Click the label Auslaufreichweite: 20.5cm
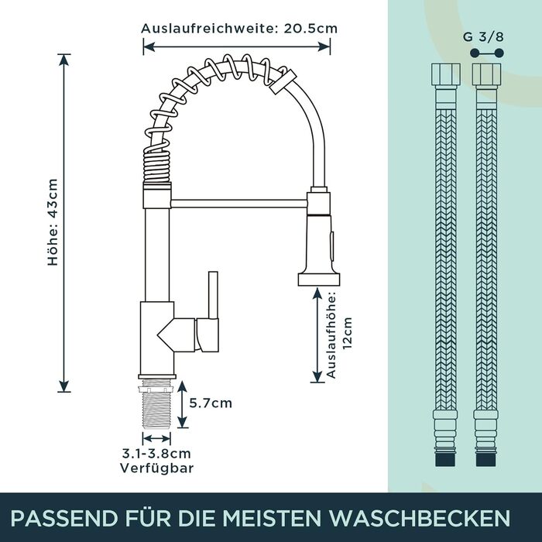point(239,29)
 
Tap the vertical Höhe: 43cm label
point(53,222)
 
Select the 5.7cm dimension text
point(211,403)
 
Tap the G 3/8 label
point(489,36)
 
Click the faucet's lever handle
point(210,310)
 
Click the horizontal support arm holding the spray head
point(240,203)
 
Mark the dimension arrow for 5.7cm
point(181,403)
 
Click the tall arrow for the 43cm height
point(65,222)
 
